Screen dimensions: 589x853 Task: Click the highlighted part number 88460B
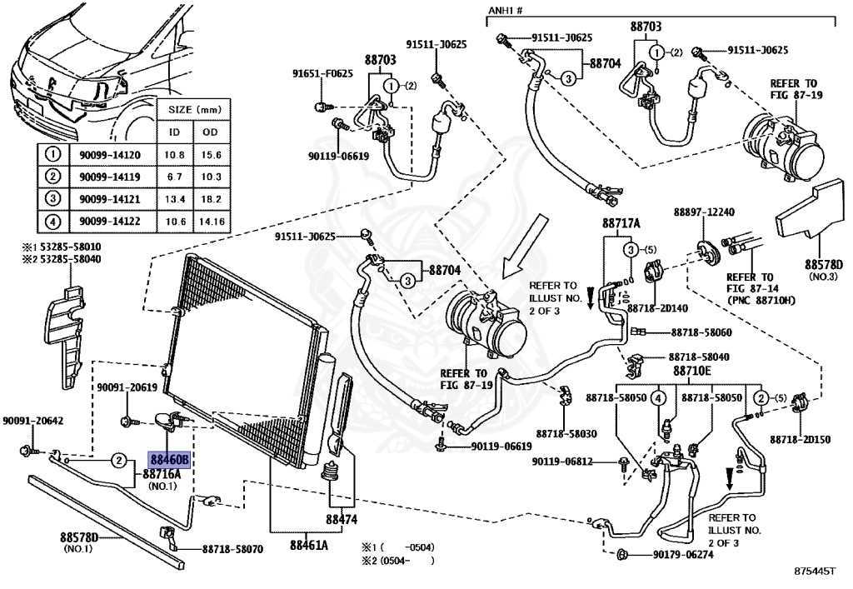[170, 459]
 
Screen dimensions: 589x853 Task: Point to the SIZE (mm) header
[192, 109]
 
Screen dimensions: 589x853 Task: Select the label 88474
[341, 518]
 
